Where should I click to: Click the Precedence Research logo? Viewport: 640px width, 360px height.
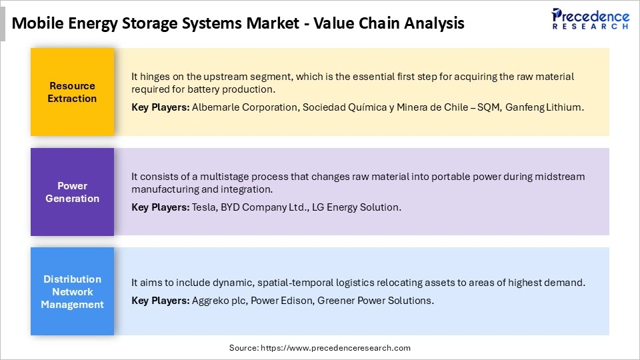[x=590, y=18]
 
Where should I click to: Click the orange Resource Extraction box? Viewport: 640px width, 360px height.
[x=72, y=92]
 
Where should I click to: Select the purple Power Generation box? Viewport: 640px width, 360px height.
[x=72, y=192]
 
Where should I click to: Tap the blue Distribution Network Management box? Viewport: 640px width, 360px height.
[x=72, y=291]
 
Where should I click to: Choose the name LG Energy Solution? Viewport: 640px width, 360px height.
[x=352, y=207]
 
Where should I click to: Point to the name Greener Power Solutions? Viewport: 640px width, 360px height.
[x=375, y=300]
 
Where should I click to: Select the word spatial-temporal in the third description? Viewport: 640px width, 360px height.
[x=302, y=283]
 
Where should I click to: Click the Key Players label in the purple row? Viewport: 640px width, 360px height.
[x=160, y=207]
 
